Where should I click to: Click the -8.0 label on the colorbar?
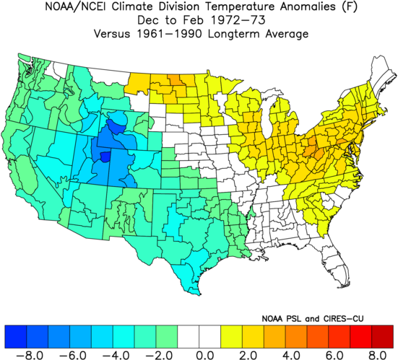[26, 355]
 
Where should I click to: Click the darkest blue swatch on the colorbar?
[15, 336]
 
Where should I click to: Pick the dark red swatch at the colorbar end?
[382, 336]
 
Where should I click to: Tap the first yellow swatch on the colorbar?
[231, 336]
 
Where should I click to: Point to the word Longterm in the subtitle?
[234, 34]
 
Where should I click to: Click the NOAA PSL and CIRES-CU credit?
[313, 319]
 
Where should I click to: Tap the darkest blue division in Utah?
[105, 157]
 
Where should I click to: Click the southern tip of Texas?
[199, 294]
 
